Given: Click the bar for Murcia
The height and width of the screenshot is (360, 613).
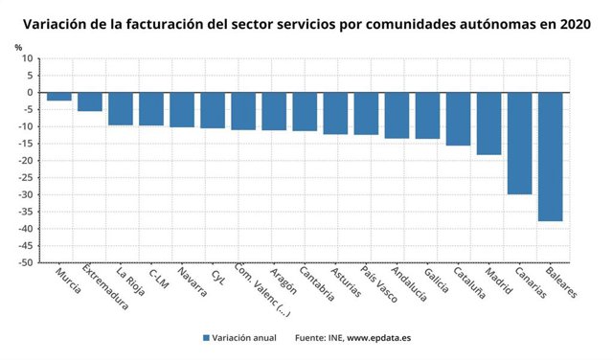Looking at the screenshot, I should pos(59,97).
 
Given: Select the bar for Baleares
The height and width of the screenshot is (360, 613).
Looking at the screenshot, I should pos(550,156).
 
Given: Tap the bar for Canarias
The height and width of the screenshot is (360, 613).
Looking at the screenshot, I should pos(519,143).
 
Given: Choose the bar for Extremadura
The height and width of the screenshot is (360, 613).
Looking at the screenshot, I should pos(90,101).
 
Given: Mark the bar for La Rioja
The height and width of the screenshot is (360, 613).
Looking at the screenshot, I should pos(121,108).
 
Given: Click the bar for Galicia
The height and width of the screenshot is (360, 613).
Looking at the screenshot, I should pos(427,115).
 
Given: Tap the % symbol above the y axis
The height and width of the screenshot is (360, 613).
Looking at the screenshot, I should pos(18,47).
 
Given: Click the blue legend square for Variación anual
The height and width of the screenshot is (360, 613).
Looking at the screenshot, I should pos(206,338).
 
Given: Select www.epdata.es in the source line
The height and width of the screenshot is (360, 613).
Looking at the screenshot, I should pos(380,338).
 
